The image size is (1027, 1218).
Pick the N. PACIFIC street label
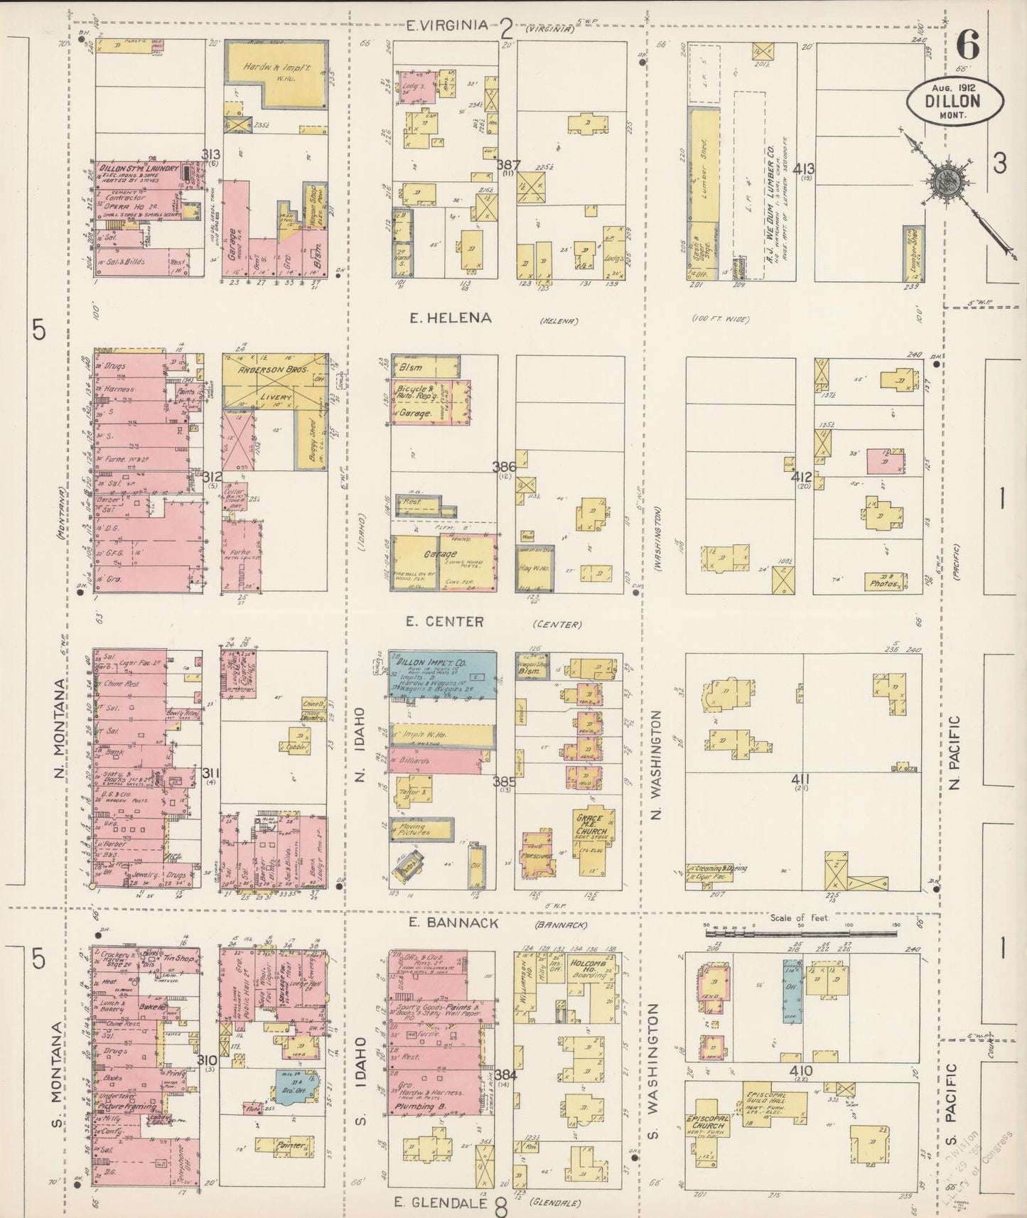coord(954,753)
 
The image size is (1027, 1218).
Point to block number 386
coord(504,467)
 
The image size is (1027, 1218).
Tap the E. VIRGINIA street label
coord(446,26)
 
